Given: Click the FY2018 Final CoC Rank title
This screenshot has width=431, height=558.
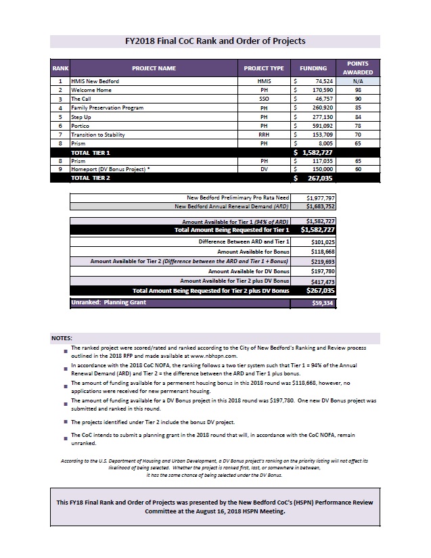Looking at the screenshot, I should click(215, 41).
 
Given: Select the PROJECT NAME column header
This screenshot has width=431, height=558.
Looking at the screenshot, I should click(154, 68).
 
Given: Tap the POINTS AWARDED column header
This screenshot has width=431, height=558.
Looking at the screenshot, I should click(358, 68).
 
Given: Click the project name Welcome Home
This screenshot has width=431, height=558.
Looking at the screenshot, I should click(91, 90).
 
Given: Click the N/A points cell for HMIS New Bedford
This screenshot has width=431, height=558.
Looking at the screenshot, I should click(358, 81).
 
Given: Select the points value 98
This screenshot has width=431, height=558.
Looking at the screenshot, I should click(358, 90).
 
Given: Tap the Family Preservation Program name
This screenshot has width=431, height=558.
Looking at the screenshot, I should click(108, 108).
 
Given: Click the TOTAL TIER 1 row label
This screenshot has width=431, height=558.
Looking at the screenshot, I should click(91, 153).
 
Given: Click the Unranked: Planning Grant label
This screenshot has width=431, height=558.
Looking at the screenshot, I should click(109, 303).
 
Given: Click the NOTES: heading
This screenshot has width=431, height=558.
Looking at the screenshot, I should click(62, 337).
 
